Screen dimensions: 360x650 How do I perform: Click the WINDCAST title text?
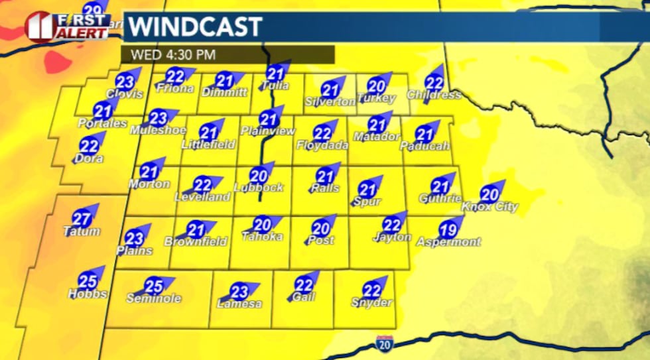(x=195, y=28)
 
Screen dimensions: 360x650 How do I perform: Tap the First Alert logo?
(x=68, y=26)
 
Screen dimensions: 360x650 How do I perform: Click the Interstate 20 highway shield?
(x=384, y=343)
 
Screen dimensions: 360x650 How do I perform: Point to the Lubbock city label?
(x=259, y=188)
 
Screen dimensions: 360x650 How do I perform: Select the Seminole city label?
(x=154, y=298)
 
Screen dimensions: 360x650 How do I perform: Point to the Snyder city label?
(x=372, y=303)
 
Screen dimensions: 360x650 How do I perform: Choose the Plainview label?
(x=267, y=131)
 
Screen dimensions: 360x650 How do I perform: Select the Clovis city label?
(x=125, y=95)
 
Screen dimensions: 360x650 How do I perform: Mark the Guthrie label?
(x=440, y=198)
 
